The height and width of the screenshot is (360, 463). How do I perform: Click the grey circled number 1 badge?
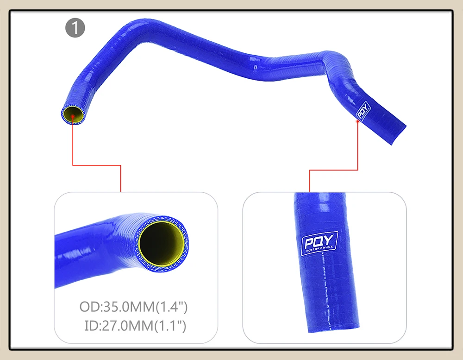[75, 28]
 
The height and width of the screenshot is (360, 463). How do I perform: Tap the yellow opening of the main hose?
[73, 114]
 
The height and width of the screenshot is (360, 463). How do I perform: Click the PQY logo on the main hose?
[363, 111]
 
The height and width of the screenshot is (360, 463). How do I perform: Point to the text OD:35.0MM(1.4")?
[133, 307]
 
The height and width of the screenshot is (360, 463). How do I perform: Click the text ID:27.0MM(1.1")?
[136, 326]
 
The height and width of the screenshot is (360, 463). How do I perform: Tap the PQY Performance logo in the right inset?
[319, 243]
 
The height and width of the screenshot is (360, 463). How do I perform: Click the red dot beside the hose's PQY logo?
[357, 121]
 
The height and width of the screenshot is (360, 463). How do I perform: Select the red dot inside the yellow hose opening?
[73, 116]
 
